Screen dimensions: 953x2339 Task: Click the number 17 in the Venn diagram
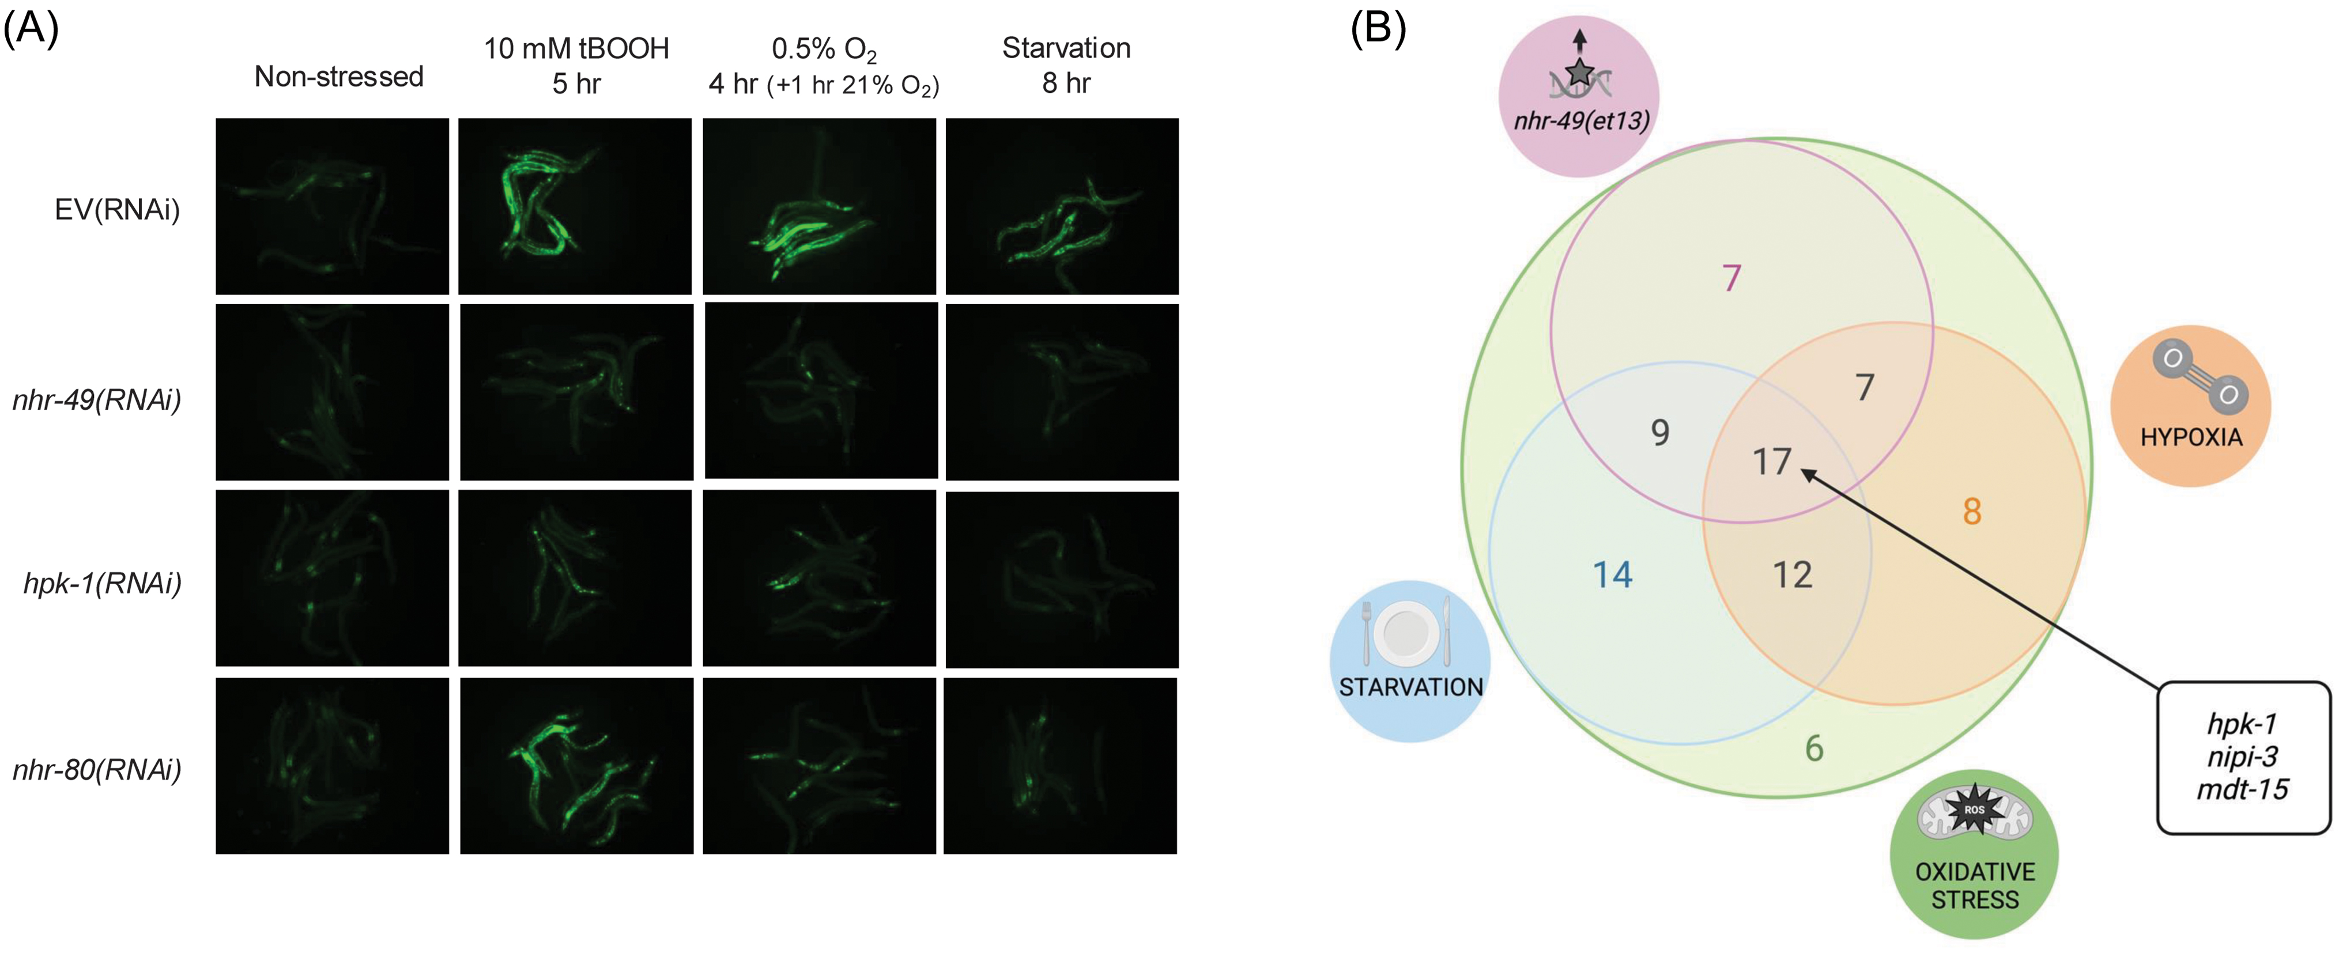[1771, 462]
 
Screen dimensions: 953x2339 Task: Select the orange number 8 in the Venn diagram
[1971, 511]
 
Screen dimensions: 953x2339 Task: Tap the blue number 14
[1613, 574]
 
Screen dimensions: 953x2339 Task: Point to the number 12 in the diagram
[1791, 574]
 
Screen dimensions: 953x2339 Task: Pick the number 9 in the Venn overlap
[1659, 432]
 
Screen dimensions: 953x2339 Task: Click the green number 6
[1813, 749]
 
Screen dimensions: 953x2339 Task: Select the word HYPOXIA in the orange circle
[2190, 437]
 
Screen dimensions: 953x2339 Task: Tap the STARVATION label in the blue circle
[1410, 687]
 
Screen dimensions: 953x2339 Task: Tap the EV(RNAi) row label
[117, 210]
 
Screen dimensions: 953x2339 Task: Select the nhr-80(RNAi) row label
[97, 770]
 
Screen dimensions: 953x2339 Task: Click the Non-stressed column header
[339, 76]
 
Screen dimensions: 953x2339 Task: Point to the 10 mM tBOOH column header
[576, 48]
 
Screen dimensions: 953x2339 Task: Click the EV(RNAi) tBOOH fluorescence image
[574, 206]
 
